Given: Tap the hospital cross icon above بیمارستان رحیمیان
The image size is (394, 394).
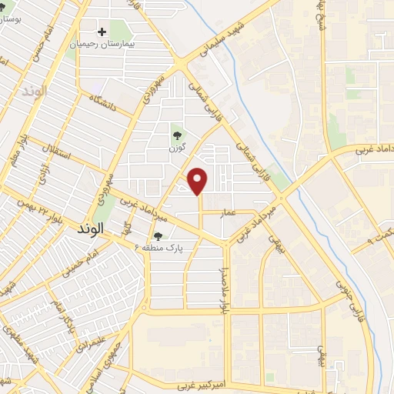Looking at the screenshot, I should (x=102, y=32).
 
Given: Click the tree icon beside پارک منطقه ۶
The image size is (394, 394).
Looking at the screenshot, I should (x=159, y=236).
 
